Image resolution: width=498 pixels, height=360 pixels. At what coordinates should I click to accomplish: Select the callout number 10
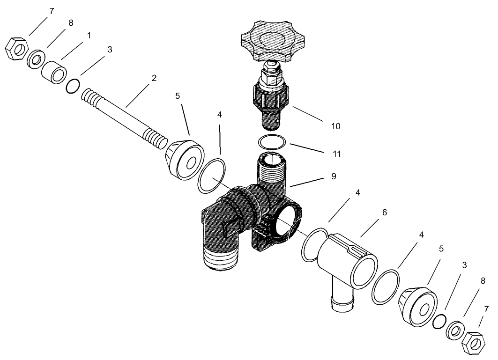pos(335,126)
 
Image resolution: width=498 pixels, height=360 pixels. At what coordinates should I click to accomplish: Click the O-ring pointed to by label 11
pos(271,142)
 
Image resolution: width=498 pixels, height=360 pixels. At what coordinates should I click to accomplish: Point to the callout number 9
pos(333,176)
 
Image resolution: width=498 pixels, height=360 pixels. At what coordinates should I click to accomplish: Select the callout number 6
pos(384,212)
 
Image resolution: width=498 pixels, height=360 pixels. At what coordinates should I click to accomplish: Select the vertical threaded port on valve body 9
pos(271,169)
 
